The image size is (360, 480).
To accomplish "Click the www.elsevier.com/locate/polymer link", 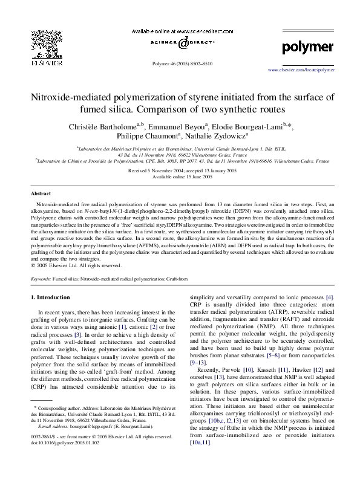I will tap(301, 70).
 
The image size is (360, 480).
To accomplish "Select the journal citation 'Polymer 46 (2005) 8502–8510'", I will tap(182, 63).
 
